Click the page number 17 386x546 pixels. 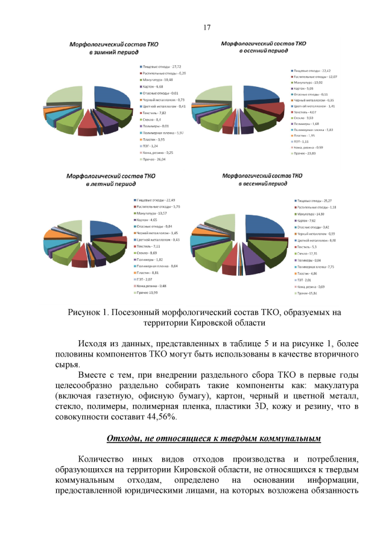click(x=207, y=27)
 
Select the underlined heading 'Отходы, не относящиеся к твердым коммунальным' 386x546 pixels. click(x=214, y=437)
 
